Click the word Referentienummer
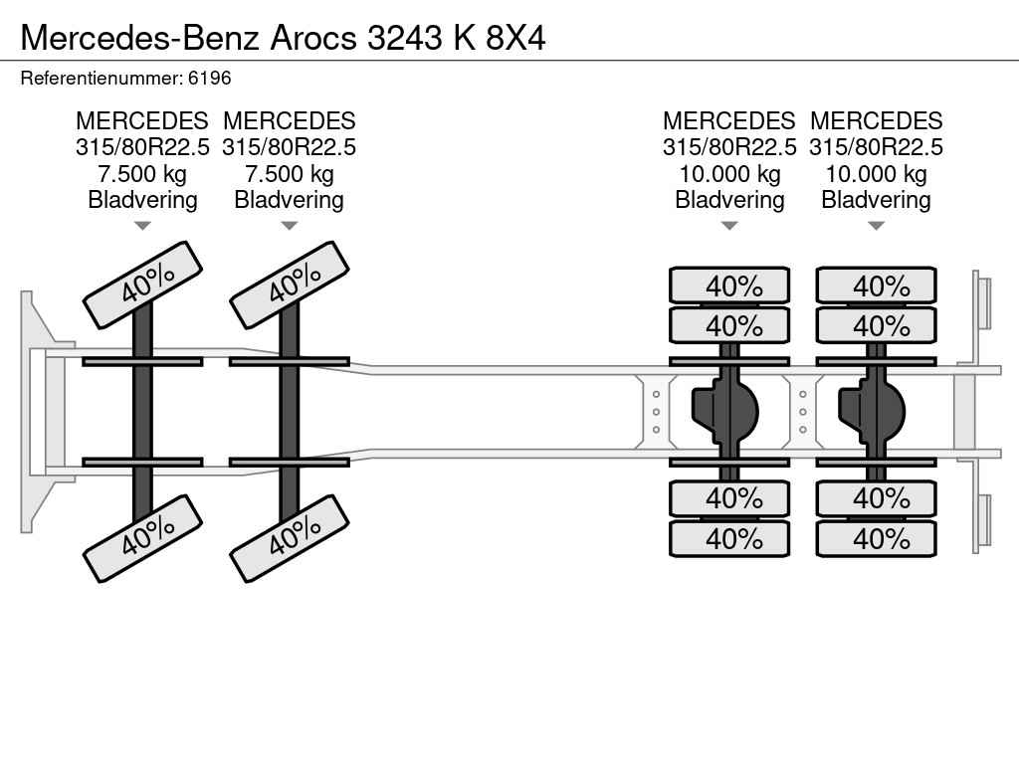click(101, 78)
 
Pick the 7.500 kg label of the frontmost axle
click(142, 174)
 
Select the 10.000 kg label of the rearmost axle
click(876, 174)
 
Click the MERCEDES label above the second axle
click(289, 121)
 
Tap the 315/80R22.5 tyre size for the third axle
click(729, 147)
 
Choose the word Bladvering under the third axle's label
click(729, 200)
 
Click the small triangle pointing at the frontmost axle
click(142, 226)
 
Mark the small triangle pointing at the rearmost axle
click(876, 226)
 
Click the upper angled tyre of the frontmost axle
click(142, 285)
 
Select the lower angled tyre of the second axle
click(289, 538)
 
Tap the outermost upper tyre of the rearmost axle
click(876, 286)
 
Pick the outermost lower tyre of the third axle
click(729, 539)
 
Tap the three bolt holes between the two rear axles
click(803, 412)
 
